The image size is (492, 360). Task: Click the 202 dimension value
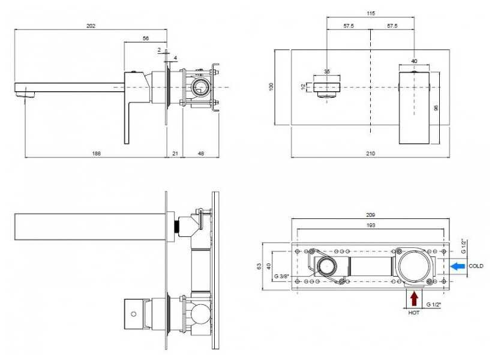91,26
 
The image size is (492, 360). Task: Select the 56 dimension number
146,38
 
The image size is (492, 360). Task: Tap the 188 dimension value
97,154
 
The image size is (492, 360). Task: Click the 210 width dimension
370,154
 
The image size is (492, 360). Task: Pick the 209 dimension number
370,215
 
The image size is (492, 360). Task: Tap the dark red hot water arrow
413,297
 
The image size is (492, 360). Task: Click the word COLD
476,266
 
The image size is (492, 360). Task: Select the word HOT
413,313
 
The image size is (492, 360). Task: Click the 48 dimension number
200,154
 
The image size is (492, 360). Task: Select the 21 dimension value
175,154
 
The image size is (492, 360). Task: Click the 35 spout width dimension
327,71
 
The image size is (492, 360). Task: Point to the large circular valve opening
414,266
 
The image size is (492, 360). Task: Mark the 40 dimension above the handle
414,61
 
